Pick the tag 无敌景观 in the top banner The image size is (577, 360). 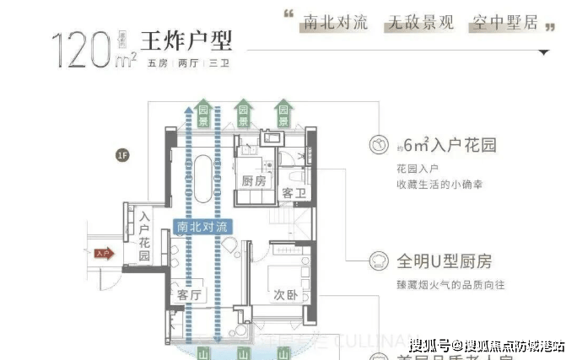pos(419,22)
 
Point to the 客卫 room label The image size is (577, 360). pos(292,193)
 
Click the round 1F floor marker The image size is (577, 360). pos(123,154)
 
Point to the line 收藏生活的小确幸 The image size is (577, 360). pos(444,185)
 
